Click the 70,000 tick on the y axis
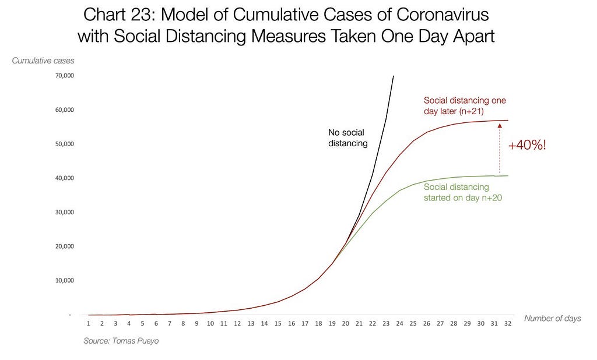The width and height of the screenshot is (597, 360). point(65,76)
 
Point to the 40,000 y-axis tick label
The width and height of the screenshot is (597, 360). point(65,178)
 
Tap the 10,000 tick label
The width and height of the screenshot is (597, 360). point(65,280)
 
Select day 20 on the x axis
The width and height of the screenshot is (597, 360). point(345,323)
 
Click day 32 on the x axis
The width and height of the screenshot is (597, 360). point(508,323)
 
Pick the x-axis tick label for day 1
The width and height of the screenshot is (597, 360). point(89,323)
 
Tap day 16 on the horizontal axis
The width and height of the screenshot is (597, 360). point(292,323)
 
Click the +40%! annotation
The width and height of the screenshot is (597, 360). point(527,145)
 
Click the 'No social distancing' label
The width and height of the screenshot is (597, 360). point(347,137)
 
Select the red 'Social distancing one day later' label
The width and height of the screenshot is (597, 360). point(465,106)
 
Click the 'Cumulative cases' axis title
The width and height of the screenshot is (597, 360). point(43,61)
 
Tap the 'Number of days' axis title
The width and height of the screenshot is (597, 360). point(553,319)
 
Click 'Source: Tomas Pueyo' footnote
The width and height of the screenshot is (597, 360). point(121,341)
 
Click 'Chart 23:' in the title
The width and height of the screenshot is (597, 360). point(119,15)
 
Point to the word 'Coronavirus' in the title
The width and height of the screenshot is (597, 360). point(443,15)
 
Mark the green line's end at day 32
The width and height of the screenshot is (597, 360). point(508,175)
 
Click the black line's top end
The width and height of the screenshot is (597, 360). point(394,76)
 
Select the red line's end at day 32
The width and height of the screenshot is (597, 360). point(508,120)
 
